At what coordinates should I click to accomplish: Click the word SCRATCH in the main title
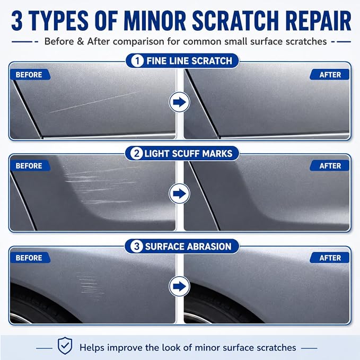[x=235, y=21]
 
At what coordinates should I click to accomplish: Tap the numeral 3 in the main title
[x=17, y=21]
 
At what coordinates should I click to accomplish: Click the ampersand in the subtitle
[x=80, y=41]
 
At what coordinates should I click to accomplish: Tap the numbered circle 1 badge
[x=137, y=61]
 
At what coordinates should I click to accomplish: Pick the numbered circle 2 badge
[x=136, y=153]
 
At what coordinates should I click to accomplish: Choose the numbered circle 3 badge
[x=136, y=247]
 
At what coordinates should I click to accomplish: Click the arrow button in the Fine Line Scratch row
[x=179, y=102]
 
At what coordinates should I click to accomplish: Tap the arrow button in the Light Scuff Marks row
[x=179, y=194]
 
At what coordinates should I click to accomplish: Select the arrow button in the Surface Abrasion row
[x=179, y=286]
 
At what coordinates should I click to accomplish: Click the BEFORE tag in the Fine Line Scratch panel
[x=30, y=75]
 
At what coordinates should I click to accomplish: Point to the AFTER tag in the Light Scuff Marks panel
[x=329, y=166]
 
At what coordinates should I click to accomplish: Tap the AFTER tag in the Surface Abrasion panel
[x=329, y=258]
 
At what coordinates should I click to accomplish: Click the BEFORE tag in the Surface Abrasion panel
[x=30, y=258]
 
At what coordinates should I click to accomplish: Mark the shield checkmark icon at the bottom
[x=65, y=346]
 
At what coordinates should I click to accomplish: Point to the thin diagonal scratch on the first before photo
[x=94, y=102]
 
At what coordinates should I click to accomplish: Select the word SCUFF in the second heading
[x=185, y=153]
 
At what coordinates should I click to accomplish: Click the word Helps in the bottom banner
[x=92, y=348]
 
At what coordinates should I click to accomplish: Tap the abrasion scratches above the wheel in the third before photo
[x=90, y=286]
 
